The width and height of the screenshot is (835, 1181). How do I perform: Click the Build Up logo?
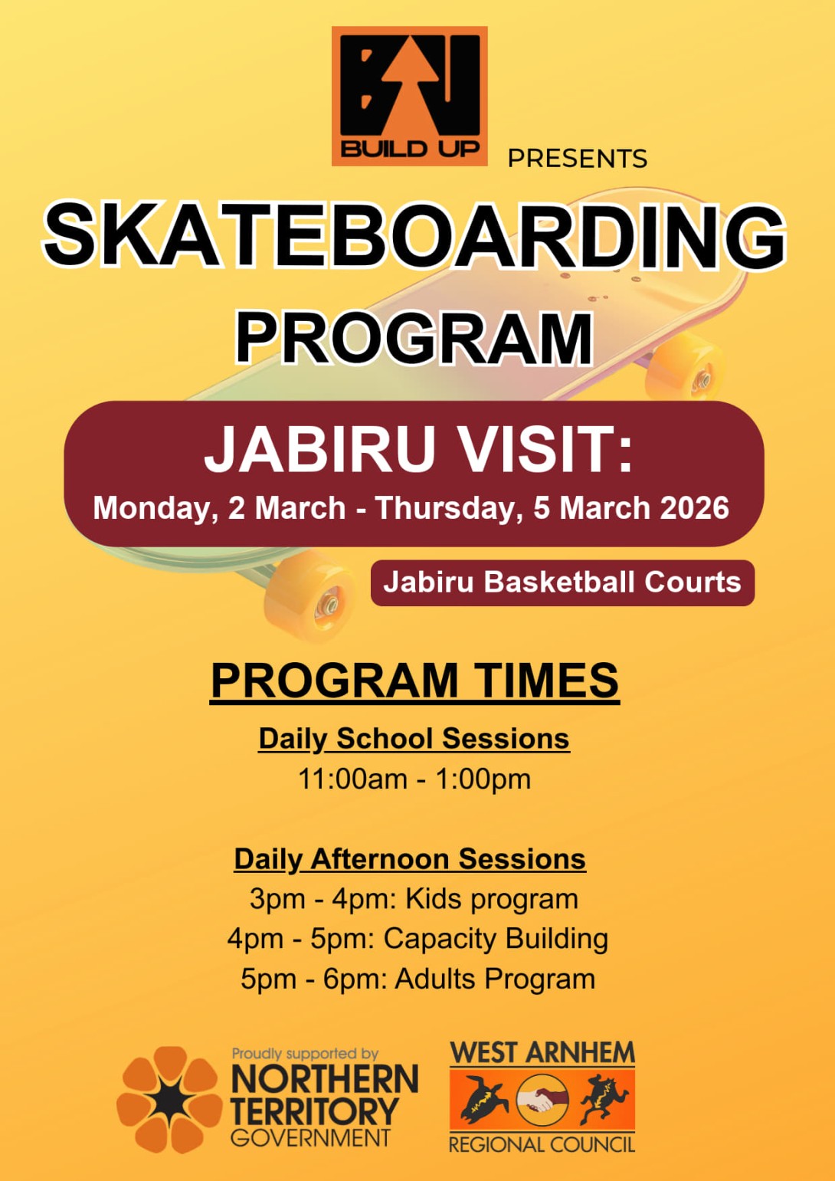pos(410,96)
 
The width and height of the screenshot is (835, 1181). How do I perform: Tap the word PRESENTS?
pos(577,159)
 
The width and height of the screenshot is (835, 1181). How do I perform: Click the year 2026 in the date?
pos(694,508)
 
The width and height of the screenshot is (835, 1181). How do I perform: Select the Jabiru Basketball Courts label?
pos(562,582)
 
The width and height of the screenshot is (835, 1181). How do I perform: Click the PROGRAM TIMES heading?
pos(414,681)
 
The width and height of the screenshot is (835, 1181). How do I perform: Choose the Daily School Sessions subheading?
pos(414,739)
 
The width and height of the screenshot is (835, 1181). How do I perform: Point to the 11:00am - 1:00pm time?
pos(414,779)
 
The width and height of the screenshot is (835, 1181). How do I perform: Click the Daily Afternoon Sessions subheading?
pos(410,859)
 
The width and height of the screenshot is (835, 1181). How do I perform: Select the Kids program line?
pos(414,899)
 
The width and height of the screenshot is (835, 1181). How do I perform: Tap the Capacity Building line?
pos(417,939)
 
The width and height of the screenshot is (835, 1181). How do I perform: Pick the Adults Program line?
pos(417,979)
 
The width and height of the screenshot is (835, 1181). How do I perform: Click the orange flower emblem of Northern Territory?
pos(169,1100)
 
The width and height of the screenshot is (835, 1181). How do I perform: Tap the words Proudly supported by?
pos(305,1054)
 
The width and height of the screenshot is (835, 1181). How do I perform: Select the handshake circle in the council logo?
pos(542,1101)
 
